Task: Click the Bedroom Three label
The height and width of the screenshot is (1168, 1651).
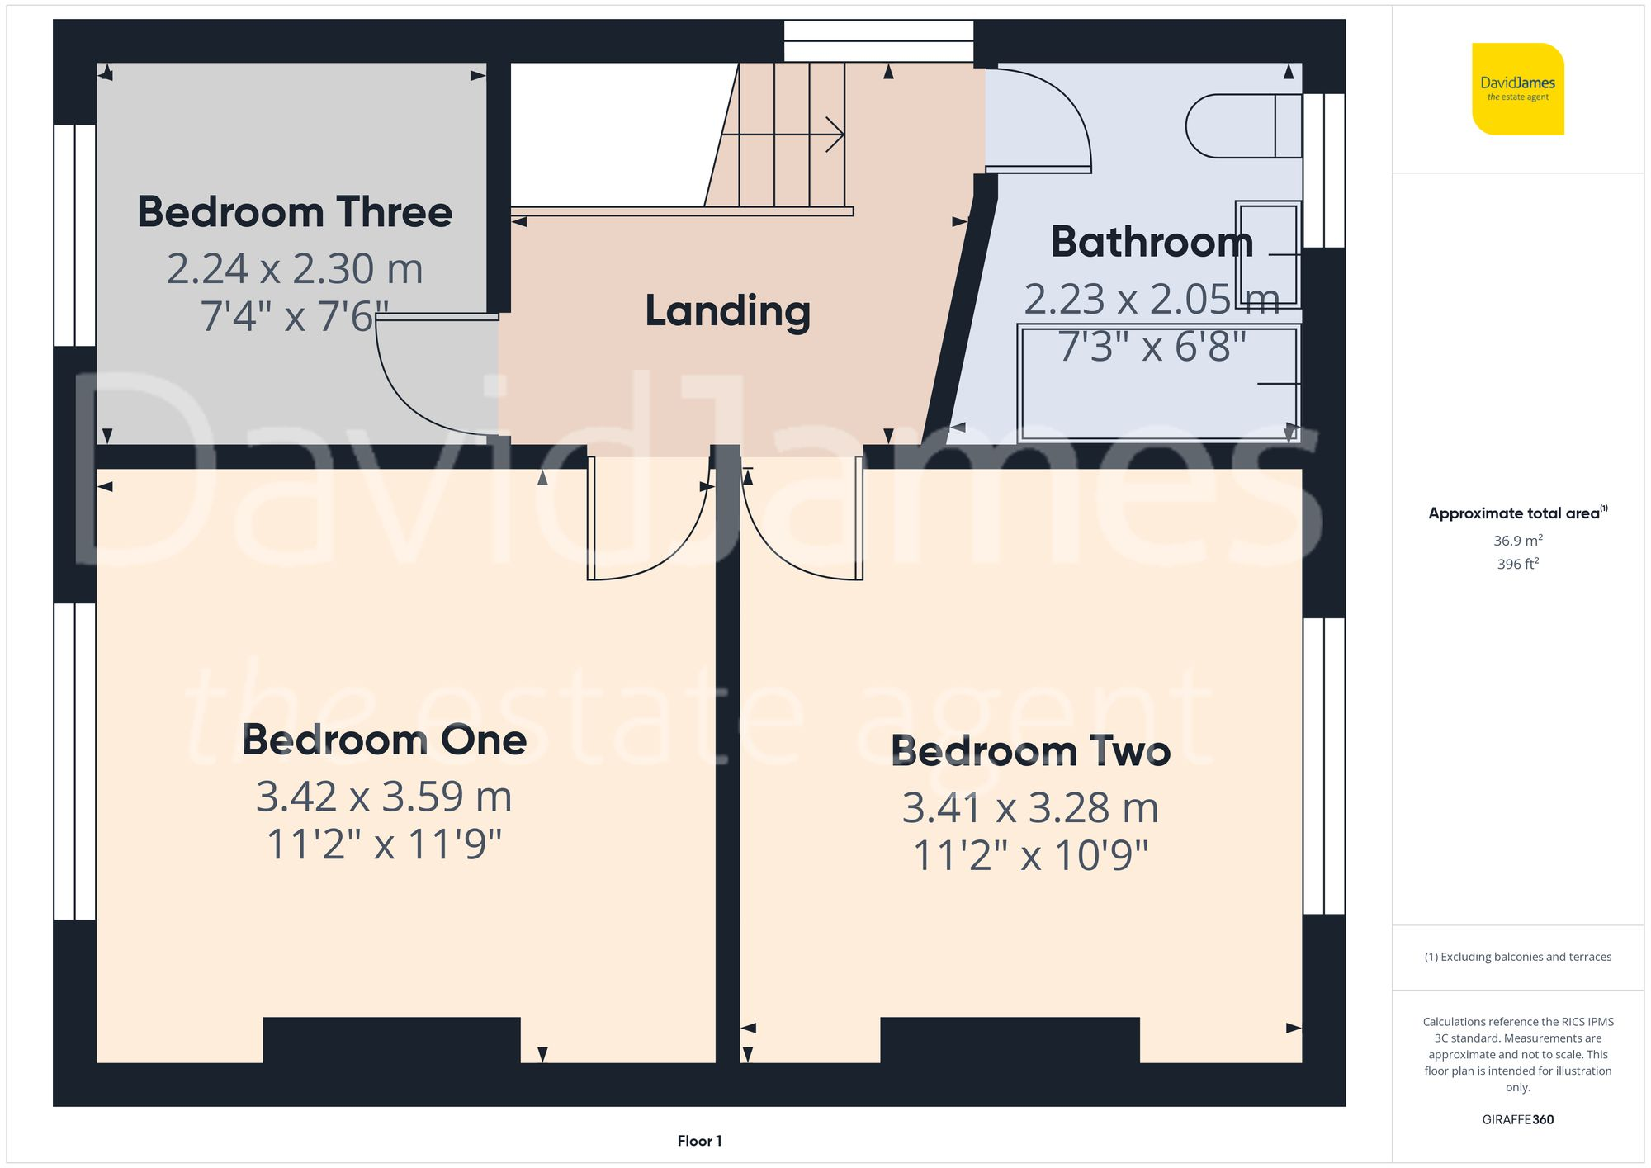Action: coord(295,212)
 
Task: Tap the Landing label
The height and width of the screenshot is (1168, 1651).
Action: coord(727,311)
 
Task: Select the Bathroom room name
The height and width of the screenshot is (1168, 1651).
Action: coord(1152,242)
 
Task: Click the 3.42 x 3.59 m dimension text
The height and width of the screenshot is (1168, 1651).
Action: coord(384,797)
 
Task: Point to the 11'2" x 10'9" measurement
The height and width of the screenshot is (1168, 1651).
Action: coord(1030,855)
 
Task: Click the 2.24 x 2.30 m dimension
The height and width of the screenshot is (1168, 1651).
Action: coord(295,269)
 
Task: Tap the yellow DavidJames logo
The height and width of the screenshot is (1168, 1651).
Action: coord(1517,89)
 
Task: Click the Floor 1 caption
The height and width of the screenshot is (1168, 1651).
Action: coord(699,1141)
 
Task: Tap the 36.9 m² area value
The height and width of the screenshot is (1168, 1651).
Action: coord(1517,541)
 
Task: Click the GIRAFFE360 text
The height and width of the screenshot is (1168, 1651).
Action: coord(1517,1120)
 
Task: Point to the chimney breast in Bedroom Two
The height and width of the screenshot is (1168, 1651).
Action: coord(1010,1040)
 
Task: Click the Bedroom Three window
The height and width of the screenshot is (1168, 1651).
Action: coord(75,235)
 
